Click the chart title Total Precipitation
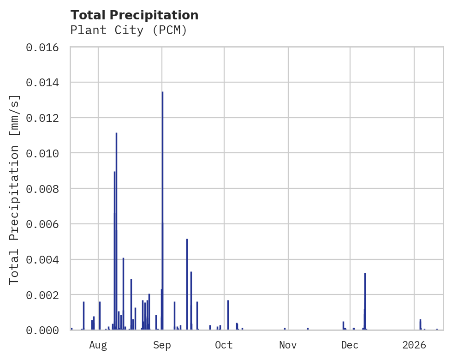pos(134,15)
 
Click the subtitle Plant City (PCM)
pos(129,30)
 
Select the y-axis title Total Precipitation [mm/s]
pos(15,189)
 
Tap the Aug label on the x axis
pos(98,345)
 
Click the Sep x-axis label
pos(162,345)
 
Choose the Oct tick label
pos(224,345)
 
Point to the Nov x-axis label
pos(288,345)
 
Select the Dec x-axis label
pos(350,345)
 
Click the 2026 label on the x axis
pos(414,345)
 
